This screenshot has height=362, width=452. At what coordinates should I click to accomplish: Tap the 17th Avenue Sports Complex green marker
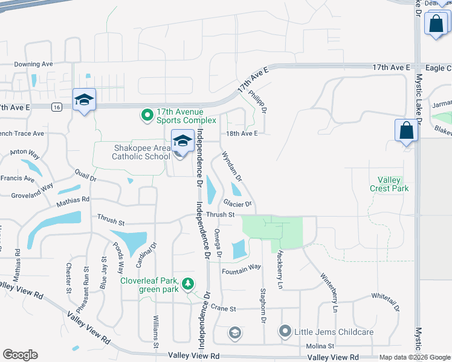tap(147, 114)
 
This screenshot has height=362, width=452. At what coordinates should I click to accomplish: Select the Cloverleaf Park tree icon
tap(189, 283)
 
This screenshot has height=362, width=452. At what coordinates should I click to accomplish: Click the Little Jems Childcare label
tap(334, 331)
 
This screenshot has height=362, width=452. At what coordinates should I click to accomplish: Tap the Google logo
tap(20, 355)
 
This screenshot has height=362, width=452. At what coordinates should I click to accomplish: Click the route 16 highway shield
tap(56, 107)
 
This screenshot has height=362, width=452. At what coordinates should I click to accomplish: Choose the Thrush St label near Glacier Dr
tap(220, 214)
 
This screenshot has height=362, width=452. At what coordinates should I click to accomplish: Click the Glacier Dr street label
tap(237, 204)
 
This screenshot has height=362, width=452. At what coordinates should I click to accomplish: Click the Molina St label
tap(322, 346)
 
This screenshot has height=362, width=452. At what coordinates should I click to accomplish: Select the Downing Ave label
tap(34, 64)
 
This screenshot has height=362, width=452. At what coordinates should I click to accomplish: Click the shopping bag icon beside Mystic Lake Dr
tap(407, 130)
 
